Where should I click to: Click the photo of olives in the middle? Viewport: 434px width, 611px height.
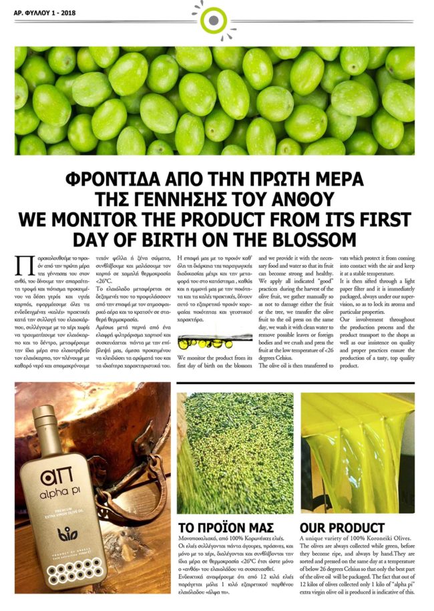pyautogui.click(x=235, y=451)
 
